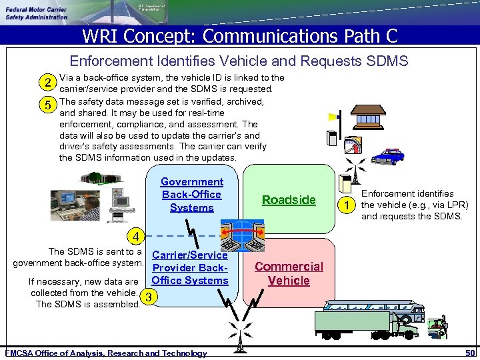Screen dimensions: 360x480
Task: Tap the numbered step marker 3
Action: [151, 297]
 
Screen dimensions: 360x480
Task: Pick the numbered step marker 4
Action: [136, 235]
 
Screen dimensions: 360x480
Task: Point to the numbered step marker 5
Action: [47, 105]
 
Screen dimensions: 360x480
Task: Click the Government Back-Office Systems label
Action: [191, 195]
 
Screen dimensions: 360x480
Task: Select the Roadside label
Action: [289, 200]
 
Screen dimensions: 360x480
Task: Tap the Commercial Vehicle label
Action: [289, 273]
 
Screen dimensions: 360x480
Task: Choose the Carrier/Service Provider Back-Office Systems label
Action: [190, 267]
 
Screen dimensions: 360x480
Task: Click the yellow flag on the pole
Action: [333, 117]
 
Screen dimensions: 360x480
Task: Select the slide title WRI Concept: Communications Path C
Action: [239, 35]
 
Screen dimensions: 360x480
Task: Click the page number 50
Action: [470, 353]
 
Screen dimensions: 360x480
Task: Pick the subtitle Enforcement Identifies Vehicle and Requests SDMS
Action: [239, 61]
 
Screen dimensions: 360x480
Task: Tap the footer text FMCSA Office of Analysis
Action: [106, 353]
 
